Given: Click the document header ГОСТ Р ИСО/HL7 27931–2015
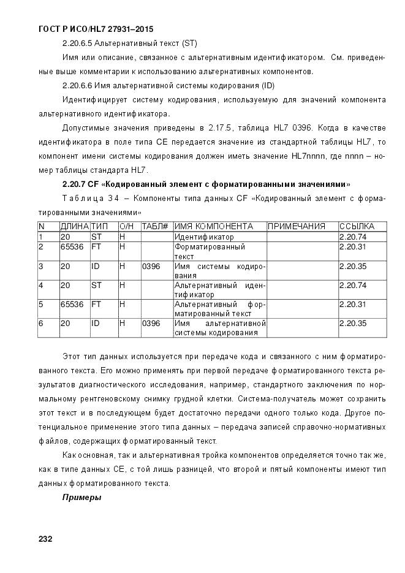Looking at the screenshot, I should coord(96,29).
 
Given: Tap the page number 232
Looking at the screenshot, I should coord(45,539).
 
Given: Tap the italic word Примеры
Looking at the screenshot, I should coord(81,497).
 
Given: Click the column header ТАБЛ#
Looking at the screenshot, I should coord(155,226).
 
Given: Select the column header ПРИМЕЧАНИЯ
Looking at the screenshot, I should coord(296,226).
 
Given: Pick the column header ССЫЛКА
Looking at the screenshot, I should coord(357,226).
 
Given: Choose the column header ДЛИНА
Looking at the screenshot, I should coord(74,226).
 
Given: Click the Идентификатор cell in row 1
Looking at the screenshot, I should coord(204,237).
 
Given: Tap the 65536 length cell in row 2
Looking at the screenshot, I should coord(72,247).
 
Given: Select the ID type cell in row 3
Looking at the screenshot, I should coord(96,267).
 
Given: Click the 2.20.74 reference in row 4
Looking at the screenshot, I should coord(353,285).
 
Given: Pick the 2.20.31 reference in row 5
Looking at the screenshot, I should coord(353,304).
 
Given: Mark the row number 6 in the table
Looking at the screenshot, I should coord(41,323).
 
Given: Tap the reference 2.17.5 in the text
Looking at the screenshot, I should coord(220,127).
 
